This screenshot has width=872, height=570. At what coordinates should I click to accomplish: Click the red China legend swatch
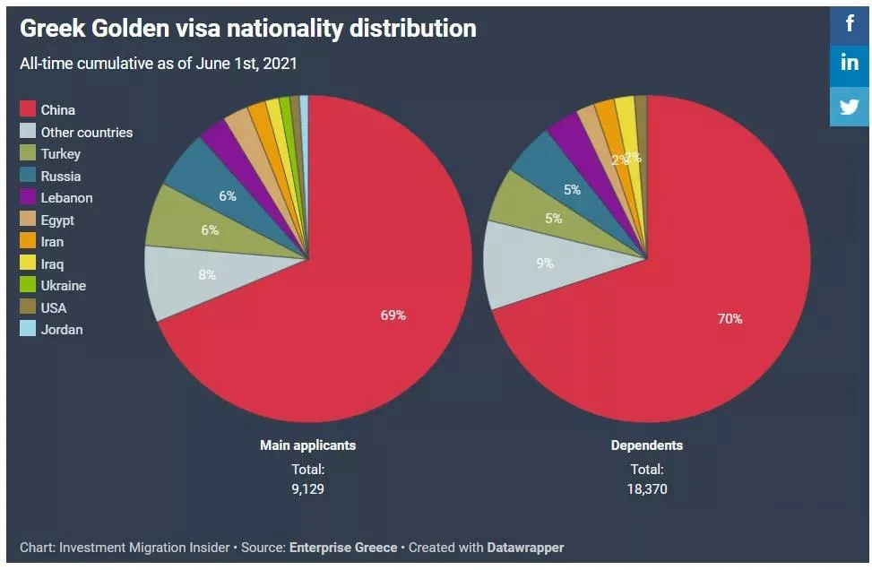[28, 109]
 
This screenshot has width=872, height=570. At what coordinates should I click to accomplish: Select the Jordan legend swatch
[28, 329]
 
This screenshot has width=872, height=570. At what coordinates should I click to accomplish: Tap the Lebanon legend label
[66, 198]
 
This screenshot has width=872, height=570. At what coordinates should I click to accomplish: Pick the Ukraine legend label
[63, 286]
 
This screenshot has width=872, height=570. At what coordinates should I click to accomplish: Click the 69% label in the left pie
[393, 315]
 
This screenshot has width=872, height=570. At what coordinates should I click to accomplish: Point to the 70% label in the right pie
[730, 318]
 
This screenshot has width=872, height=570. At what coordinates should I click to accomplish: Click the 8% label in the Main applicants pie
[207, 275]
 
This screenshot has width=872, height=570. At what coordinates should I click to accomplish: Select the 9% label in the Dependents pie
[545, 263]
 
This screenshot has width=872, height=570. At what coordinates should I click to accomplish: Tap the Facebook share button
[850, 23]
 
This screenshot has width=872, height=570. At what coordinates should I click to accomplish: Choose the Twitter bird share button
[850, 107]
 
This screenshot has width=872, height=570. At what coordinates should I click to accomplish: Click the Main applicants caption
[307, 445]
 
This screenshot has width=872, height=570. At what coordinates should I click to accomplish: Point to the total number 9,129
[307, 489]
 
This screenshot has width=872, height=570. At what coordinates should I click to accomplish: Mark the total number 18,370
[646, 489]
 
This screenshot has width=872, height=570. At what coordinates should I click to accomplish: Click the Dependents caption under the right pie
[646, 445]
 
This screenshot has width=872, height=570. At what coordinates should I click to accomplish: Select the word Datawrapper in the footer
[525, 547]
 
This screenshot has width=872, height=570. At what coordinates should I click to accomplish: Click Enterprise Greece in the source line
[342, 547]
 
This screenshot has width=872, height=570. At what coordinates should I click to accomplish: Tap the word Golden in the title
[130, 29]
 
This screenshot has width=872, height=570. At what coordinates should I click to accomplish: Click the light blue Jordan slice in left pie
[305, 106]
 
